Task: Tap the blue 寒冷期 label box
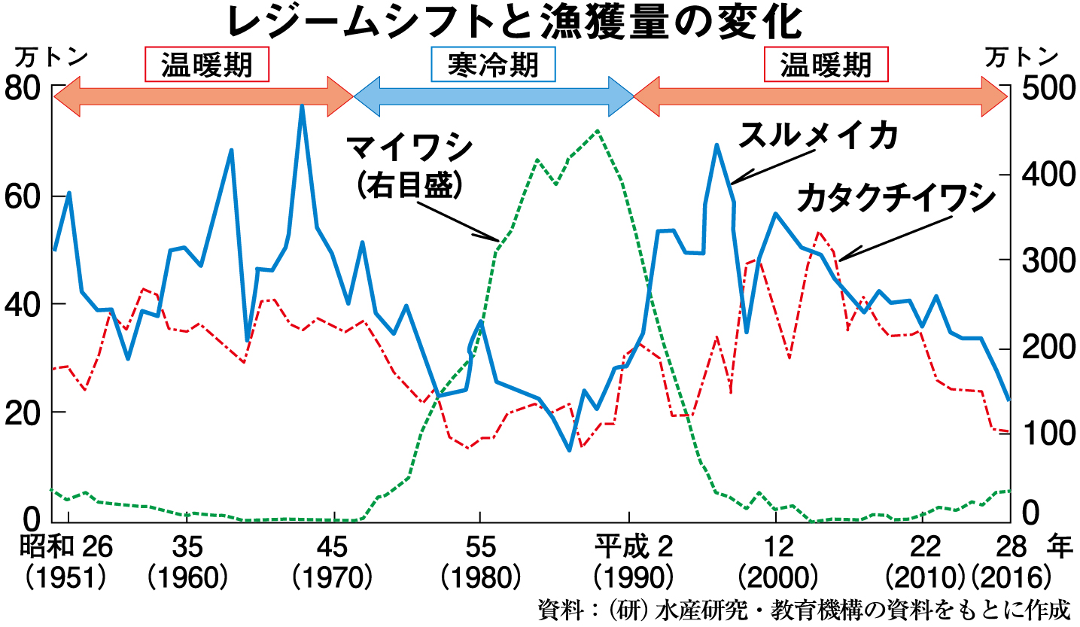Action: click(x=493, y=65)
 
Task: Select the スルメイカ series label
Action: click(x=817, y=138)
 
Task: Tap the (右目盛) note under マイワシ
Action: click(x=408, y=184)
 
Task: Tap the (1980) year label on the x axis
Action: click(x=480, y=578)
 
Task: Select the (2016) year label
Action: click(x=1010, y=578)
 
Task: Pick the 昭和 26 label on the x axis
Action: click(x=66, y=546)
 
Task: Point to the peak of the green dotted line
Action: click(x=597, y=130)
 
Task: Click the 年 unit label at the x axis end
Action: click(x=1061, y=546)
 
